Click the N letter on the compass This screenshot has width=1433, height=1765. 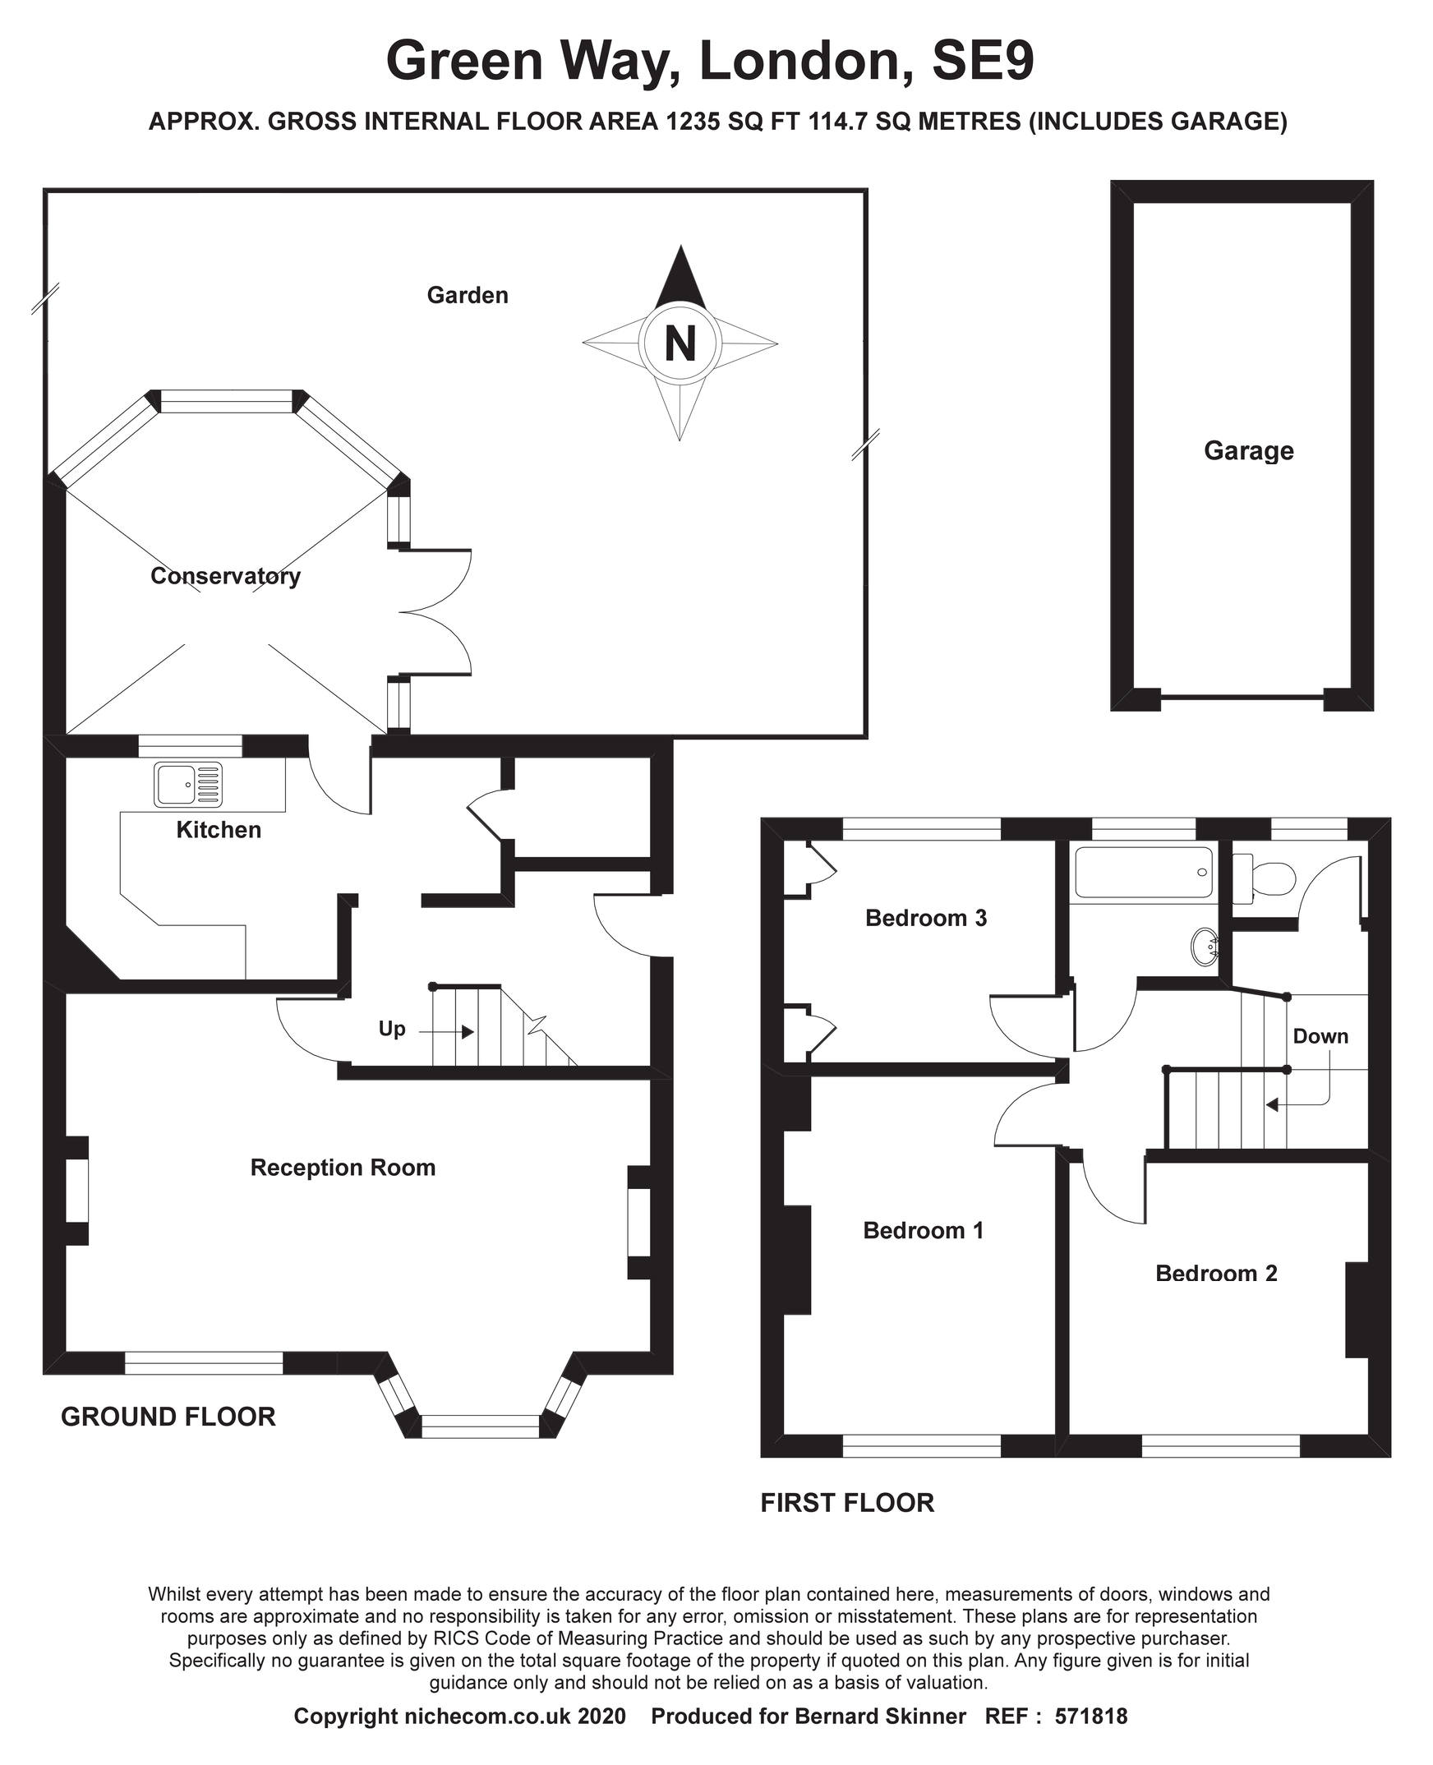(x=680, y=343)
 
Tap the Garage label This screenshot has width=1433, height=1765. (x=1248, y=451)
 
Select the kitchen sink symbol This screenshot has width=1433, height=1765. (x=188, y=784)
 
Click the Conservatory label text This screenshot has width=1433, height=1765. (x=225, y=575)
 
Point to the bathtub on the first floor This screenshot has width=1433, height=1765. (x=1143, y=873)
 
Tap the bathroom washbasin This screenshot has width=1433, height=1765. (x=1205, y=947)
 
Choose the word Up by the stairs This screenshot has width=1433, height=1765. (x=392, y=1029)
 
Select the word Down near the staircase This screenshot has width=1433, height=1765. (x=1320, y=1036)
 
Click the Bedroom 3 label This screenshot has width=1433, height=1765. (x=925, y=918)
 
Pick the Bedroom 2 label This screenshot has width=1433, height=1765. (x=1216, y=1273)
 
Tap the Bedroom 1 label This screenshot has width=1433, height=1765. (x=923, y=1231)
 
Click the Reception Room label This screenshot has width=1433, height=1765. (x=343, y=1168)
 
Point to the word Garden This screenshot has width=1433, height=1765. (x=468, y=296)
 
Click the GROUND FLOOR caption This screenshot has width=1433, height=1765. (x=168, y=1417)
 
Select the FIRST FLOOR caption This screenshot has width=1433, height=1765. (x=847, y=1503)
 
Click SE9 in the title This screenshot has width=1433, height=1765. (x=982, y=61)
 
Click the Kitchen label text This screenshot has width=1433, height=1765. (x=219, y=830)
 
